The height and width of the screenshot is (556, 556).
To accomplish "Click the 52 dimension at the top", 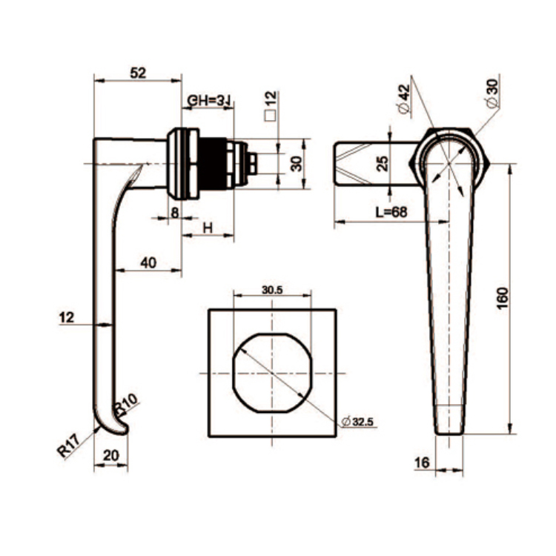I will tap(137, 73).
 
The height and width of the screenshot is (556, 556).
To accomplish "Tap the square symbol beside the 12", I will tap(271, 116).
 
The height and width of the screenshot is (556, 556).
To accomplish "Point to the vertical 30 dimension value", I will tap(296, 163).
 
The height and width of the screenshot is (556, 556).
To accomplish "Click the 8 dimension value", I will tap(174, 213).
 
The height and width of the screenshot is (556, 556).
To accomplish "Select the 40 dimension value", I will tap(148, 262).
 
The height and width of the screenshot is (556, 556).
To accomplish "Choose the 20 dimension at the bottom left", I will tap(110, 457).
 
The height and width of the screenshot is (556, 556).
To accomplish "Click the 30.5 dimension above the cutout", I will tap(272, 291).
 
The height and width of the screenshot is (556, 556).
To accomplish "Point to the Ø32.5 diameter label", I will tap(358, 422).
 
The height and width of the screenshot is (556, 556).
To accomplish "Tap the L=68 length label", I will tap(391, 212).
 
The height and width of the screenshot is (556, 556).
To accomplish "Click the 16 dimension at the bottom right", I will tap(423, 463).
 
